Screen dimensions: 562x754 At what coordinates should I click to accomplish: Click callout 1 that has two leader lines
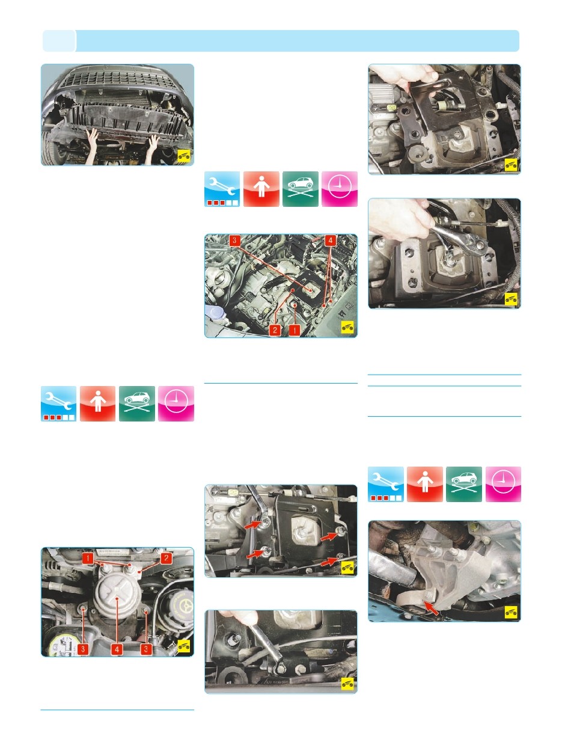[x=88, y=558]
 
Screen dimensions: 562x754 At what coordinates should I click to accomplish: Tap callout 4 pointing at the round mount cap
[x=117, y=649]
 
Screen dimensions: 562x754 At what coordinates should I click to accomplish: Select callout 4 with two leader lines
[x=330, y=241]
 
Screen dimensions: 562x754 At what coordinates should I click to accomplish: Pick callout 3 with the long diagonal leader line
[x=234, y=241]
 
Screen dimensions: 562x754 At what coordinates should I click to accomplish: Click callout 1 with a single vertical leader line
[x=295, y=330]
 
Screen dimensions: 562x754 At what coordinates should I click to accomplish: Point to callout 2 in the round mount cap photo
[x=166, y=558]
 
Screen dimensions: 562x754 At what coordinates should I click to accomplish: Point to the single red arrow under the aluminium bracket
[x=432, y=607]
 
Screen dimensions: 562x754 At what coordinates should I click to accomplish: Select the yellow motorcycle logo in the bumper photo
[x=184, y=156]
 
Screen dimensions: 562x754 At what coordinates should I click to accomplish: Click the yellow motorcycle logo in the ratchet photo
[x=511, y=299]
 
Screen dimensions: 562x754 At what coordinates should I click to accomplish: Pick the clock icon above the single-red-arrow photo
[x=503, y=484]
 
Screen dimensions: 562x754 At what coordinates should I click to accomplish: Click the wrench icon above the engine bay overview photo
[x=222, y=189]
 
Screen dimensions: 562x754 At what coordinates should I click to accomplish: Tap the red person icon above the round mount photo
[x=98, y=403]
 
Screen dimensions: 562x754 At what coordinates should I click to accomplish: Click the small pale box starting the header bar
[x=59, y=41]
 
